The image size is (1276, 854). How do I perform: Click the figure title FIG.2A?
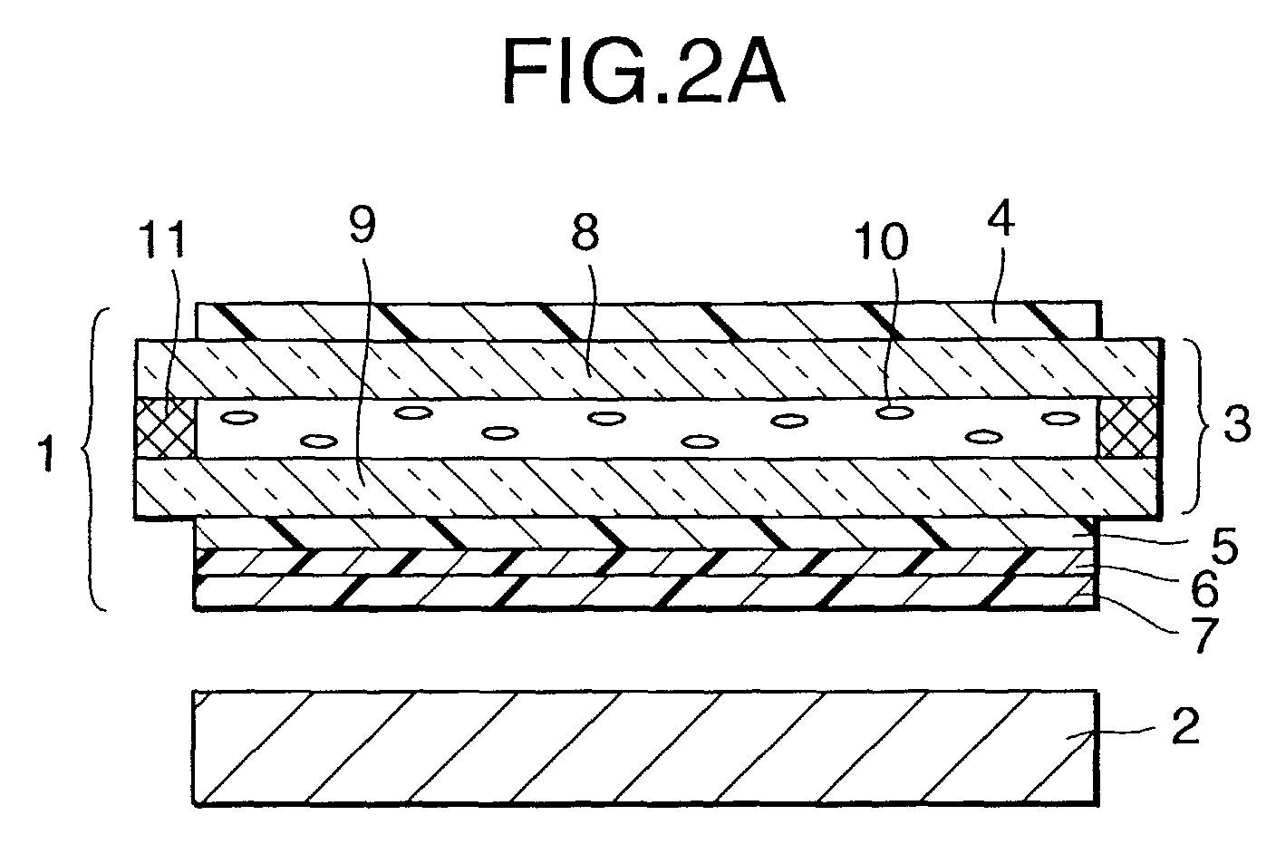click(x=643, y=73)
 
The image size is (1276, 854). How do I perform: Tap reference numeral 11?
click(x=163, y=240)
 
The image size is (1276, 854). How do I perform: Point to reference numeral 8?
click(x=585, y=231)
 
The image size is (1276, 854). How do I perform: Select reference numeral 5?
click(x=1224, y=545)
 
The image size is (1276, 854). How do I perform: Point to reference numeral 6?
click(x=1204, y=588)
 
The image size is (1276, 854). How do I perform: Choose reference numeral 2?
click(x=1186, y=726)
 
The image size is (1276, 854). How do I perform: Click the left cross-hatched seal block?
click(x=165, y=428)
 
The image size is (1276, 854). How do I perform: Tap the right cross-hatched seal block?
click(x=1129, y=428)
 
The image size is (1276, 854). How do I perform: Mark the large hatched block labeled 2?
click(x=646, y=748)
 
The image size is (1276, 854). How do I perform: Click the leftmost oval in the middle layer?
click(x=239, y=418)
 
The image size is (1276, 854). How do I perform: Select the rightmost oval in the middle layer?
click(x=1060, y=418)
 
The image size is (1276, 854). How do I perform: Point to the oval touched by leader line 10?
click(x=894, y=412)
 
